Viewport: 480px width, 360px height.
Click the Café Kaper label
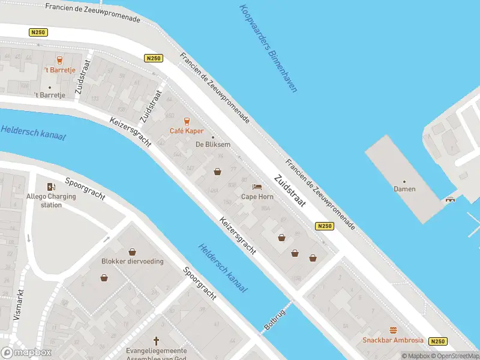[x=186, y=131]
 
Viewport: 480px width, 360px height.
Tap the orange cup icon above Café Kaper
[x=186, y=121]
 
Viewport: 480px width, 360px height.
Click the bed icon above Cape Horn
[x=257, y=187]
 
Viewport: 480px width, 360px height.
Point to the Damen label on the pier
[x=404, y=189]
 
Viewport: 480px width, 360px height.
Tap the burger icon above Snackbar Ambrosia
[x=393, y=330]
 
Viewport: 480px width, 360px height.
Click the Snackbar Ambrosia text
[x=392, y=340]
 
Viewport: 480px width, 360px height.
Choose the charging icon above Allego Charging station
[x=51, y=186]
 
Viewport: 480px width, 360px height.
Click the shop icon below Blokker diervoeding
[x=104, y=277]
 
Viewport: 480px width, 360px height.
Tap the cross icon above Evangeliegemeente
[x=157, y=340]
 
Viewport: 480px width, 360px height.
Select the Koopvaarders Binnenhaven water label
[x=268, y=48]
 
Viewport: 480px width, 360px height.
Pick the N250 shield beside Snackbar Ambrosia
[x=438, y=341]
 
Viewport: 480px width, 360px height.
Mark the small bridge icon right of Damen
[x=449, y=199]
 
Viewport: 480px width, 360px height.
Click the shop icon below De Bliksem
[x=217, y=172]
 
